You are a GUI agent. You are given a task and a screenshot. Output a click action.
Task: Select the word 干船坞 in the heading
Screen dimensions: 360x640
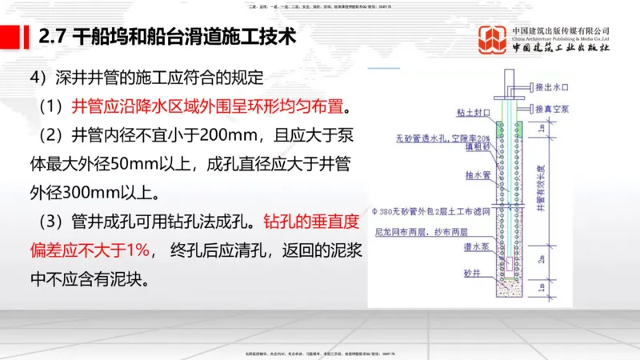pyautogui.click(x=106, y=37)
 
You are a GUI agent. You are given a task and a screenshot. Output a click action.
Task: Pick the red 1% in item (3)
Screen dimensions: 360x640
pyautogui.click(x=137, y=250)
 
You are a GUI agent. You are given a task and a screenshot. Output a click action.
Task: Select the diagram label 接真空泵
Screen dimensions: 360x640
pyautogui.click(x=553, y=108)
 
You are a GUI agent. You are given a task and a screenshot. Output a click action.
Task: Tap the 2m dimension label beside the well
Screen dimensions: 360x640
pyautogui.click(x=541, y=259)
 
